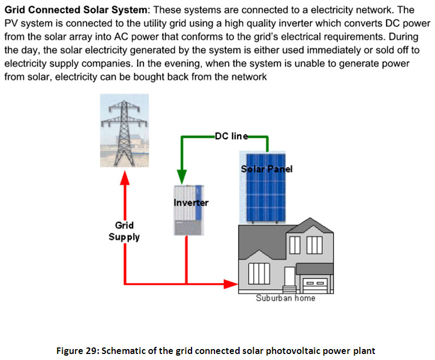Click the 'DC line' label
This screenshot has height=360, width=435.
point(231,136)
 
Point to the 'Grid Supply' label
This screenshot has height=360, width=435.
point(124,231)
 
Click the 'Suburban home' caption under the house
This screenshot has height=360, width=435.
point(285,298)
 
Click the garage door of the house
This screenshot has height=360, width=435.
point(315,285)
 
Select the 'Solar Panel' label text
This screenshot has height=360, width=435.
point(266,169)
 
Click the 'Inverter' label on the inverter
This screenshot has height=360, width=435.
point(190,203)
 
